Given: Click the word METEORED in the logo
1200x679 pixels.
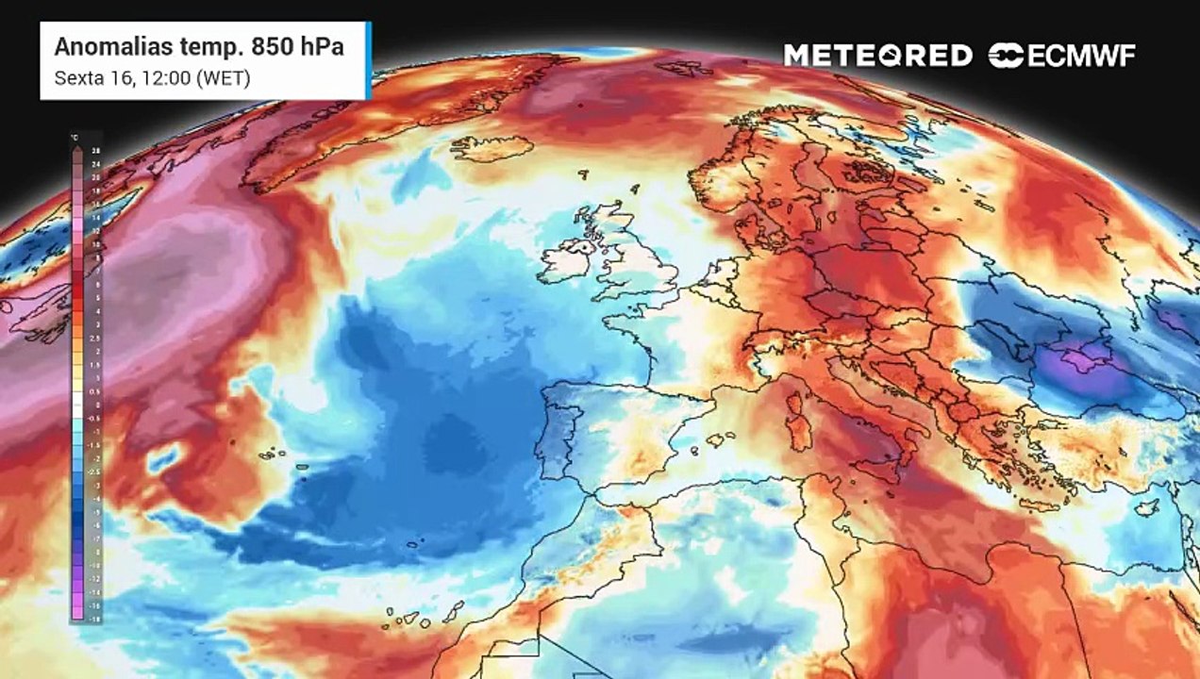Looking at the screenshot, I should (x=877, y=55).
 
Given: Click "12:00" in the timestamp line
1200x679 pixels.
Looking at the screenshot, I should (x=167, y=78).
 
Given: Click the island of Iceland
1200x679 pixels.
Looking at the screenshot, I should (x=491, y=148).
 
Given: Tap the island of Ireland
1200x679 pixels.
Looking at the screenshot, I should (x=568, y=260).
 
